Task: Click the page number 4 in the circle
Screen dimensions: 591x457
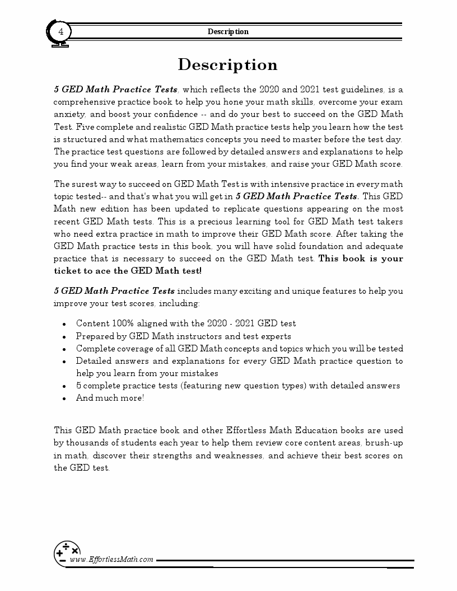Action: tap(60, 31)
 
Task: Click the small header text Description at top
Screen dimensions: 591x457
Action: tap(228, 31)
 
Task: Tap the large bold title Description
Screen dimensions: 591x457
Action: tap(228, 65)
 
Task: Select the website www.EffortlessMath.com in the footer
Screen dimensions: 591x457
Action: tap(111, 559)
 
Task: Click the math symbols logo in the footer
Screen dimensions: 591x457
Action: tap(67, 552)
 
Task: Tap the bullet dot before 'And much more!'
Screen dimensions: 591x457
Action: tap(64, 398)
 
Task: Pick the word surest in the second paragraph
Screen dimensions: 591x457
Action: tap(89, 184)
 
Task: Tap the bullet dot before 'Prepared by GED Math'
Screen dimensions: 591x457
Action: tap(64, 337)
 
